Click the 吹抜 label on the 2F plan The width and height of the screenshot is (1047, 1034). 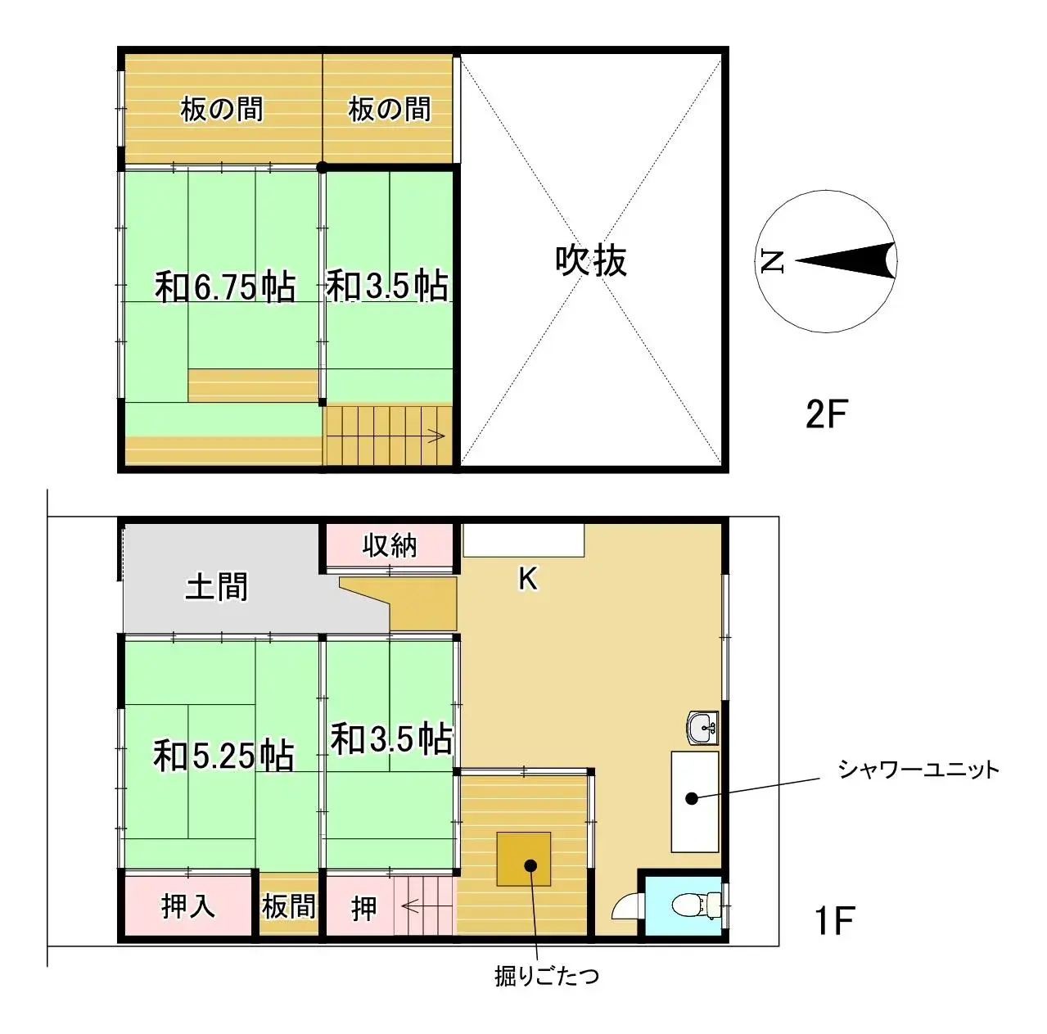pos(591,261)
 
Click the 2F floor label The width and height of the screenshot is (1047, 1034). pos(825,414)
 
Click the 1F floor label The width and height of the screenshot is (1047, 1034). pos(834,921)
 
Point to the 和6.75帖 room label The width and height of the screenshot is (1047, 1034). pos(225,287)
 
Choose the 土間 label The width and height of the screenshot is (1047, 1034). pos(216,587)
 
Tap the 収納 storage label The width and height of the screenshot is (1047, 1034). pos(390,545)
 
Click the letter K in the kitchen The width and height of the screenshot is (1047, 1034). pos(528,579)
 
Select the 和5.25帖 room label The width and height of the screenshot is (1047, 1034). pos(223,755)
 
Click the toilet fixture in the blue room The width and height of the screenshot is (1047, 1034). pos(689,905)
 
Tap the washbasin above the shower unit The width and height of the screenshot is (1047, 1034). pos(702,727)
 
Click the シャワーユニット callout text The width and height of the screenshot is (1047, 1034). pos(918,770)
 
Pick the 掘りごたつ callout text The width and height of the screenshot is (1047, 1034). pos(546,976)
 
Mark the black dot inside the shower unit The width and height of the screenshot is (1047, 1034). pos(692,797)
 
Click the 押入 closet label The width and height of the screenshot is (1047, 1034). pos(187,906)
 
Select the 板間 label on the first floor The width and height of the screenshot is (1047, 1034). pos(288,906)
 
